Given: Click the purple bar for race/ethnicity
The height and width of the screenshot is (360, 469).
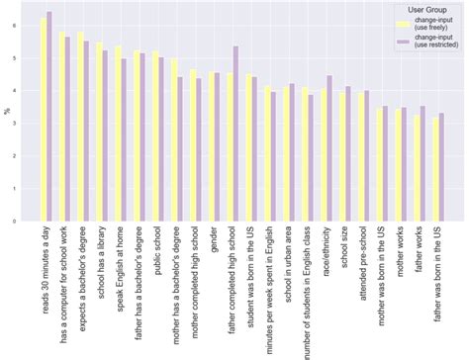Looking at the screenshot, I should tap(329, 148).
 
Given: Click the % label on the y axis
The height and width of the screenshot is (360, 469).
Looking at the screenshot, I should tap(7, 111).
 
